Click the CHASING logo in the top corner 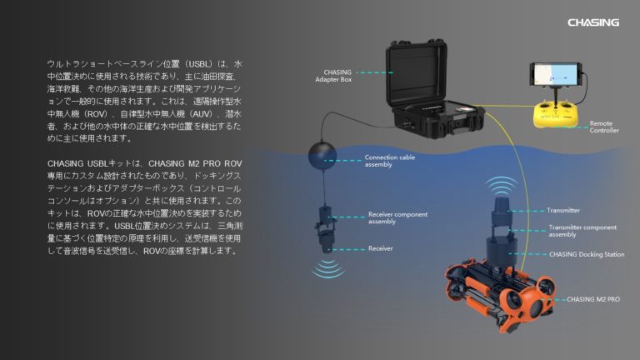click(592, 22)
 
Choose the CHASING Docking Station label click(583, 254)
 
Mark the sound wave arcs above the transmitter click(502, 185)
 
